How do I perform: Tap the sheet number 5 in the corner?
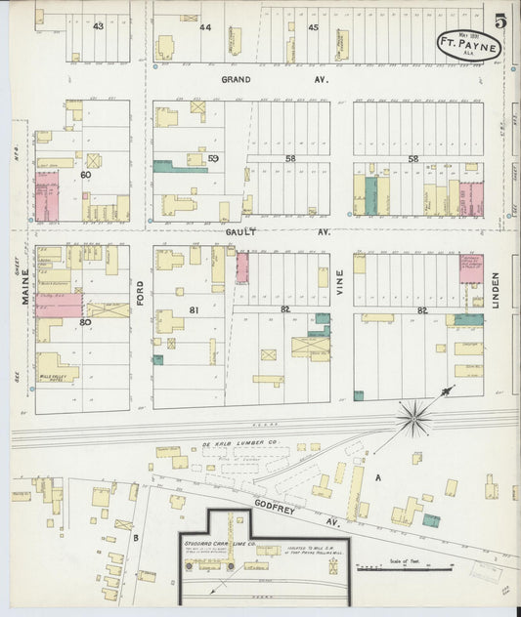point(499,21)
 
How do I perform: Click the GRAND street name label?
point(236,79)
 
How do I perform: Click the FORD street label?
point(141,294)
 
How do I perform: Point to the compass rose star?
point(415,418)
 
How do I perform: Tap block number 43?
point(98,26)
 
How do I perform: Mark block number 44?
point(204,27)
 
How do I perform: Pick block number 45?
point(313,27)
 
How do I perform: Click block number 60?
point(86,175)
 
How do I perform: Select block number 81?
point(193,311)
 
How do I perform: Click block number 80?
point(85,321)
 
